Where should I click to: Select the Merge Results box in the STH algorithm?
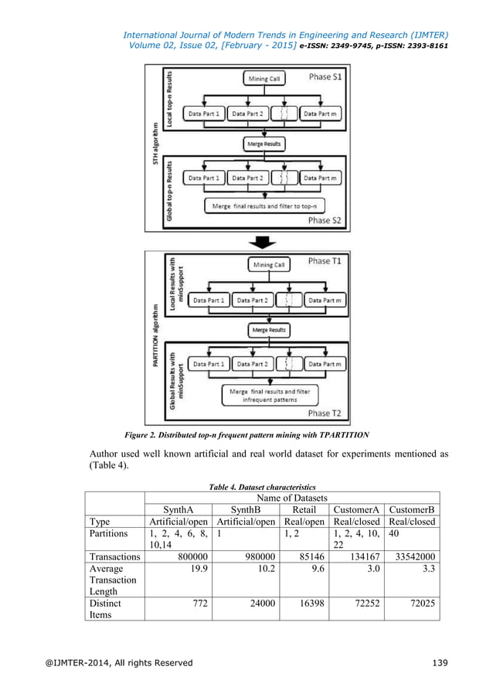click(x=264, y=144)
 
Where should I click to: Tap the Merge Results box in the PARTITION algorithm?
click(x=267, y=330)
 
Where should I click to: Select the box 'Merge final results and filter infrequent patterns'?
click(x=269, y=396)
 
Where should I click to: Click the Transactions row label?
click(x=114, y=554)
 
